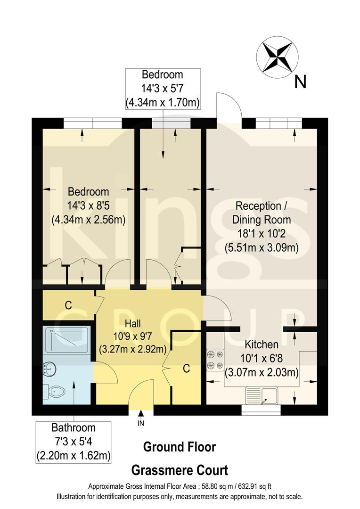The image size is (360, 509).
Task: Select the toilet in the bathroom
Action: (57, 391)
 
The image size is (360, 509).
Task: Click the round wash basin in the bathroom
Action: (49, 369)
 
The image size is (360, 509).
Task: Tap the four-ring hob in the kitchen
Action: (215, 359)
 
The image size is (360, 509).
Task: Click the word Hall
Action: (132, 324)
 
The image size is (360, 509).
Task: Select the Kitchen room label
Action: (262, 345)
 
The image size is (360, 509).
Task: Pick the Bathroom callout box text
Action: (74, 442)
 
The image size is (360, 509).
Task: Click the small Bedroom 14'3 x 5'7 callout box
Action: (163, 88)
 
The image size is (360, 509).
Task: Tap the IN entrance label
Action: (141, 423)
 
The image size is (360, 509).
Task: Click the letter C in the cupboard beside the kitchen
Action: (186, 369)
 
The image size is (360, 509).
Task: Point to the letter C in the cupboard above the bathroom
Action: (68, 305)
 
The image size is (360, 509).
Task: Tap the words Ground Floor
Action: (179, 446)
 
